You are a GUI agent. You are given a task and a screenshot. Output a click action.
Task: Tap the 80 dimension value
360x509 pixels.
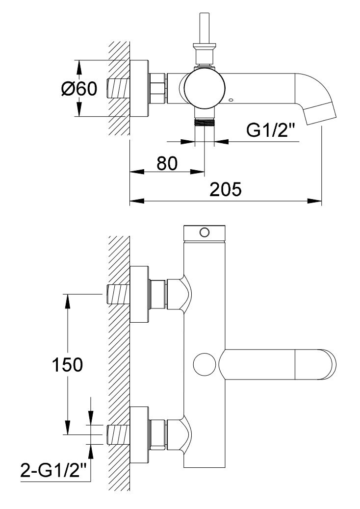pos(167,164)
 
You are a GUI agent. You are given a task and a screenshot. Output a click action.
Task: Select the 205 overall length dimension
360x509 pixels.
pos(226,189)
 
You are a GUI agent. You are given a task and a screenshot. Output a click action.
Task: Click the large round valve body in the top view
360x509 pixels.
pos(205,89)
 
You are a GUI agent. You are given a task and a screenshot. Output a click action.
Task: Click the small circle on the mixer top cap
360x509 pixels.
pos(205,231)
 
